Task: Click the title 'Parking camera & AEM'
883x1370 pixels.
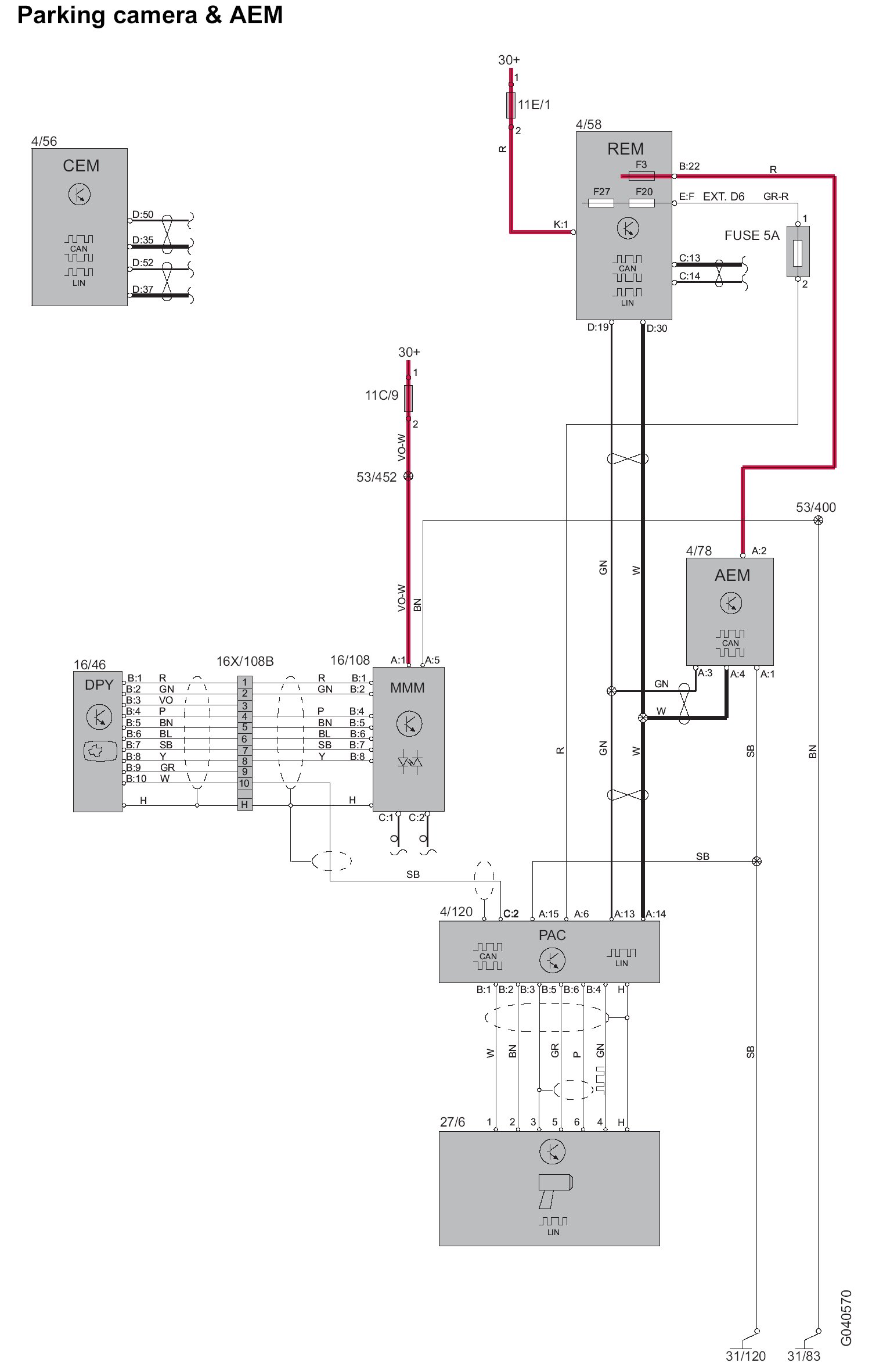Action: [150, 15]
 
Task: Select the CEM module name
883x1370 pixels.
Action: [81, 166]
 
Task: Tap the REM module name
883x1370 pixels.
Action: [625, 149]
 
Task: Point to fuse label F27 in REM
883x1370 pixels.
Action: [601, 192]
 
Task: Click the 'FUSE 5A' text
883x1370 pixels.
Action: [751, 235]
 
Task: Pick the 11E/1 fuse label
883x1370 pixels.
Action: [534, 105]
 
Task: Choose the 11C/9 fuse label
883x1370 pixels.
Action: [381, 396]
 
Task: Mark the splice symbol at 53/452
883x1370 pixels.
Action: [408, 476]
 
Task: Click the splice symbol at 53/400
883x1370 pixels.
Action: [818, 520]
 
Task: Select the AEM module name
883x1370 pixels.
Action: [732, 576]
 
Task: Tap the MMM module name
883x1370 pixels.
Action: [407, 688]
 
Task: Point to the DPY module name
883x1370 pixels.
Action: [99, 685]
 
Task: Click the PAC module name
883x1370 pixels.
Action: [552, 935]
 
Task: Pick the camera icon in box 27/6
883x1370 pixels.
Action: [554, 1189]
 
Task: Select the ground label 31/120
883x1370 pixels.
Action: [745, 1356]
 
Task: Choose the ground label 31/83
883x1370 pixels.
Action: [803, 1356]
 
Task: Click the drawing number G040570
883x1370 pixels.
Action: [846, 1318]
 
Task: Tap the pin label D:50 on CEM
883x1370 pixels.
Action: [143, 214]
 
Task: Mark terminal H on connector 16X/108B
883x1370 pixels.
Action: [244, 805]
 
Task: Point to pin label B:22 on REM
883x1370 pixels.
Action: [689, 166]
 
